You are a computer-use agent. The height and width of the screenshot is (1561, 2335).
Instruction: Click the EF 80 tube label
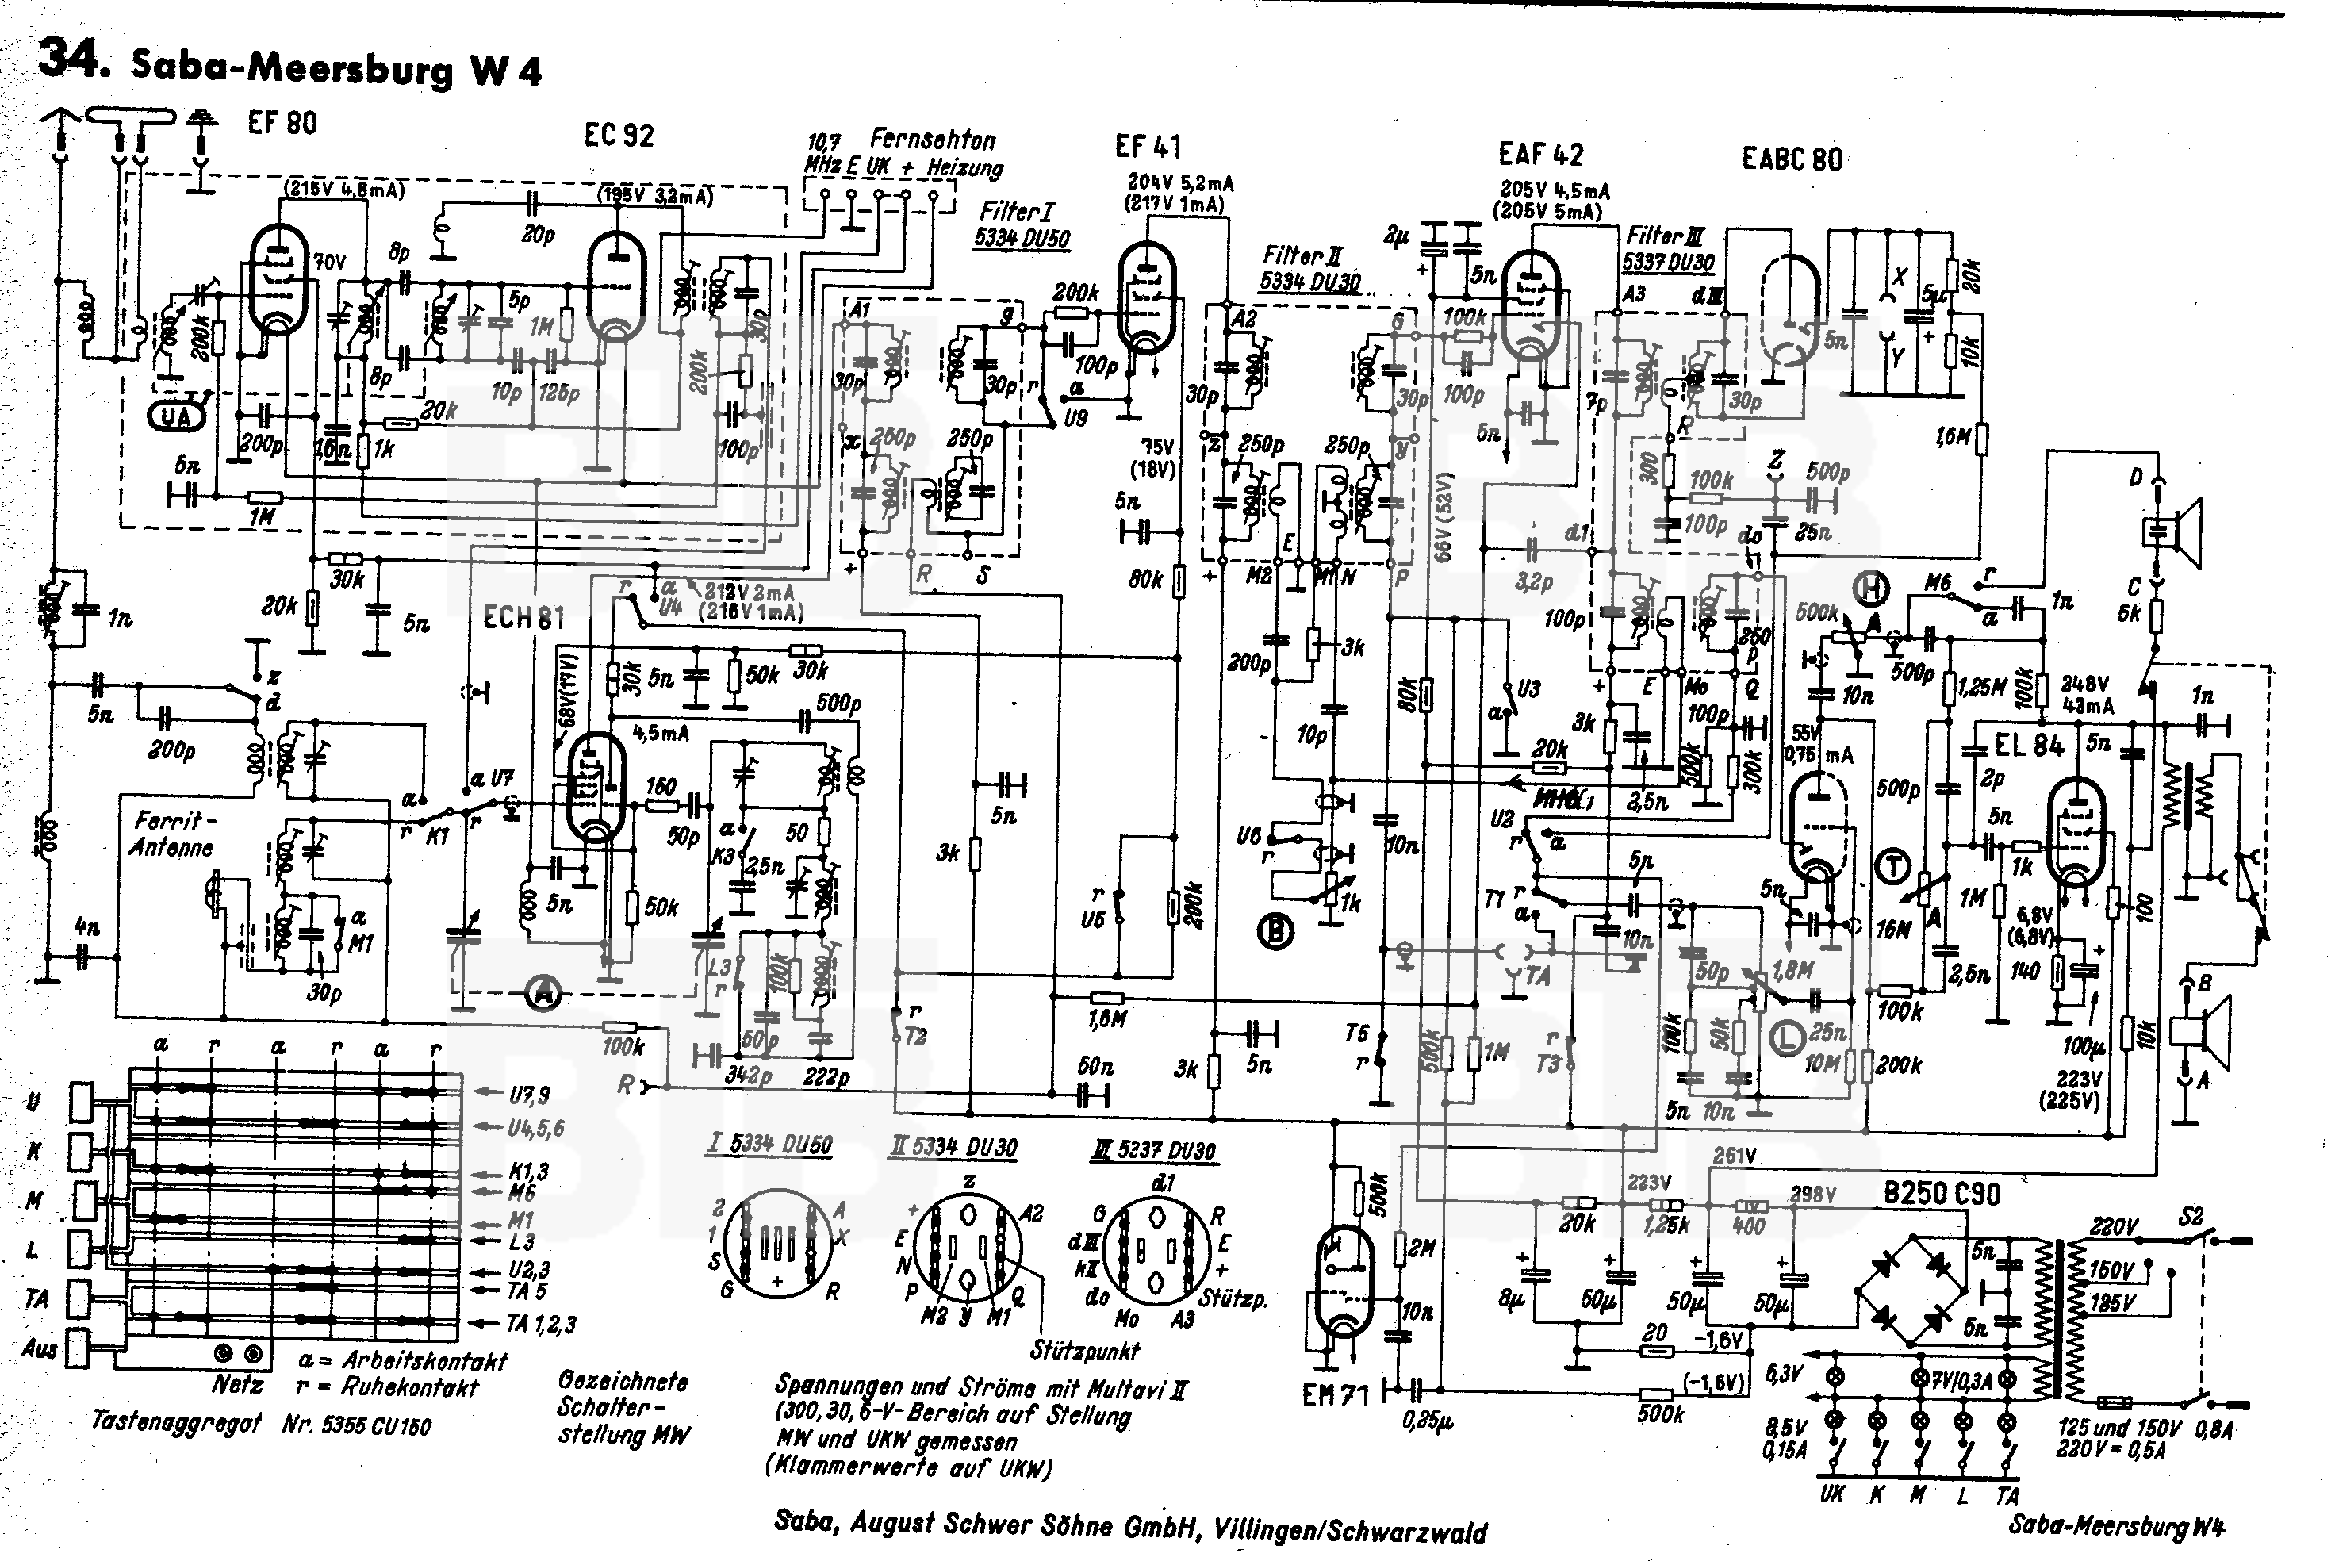pyautogui.click(x=282, y=124)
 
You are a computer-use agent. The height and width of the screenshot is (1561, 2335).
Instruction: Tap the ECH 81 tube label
pyautogui.click(x=523, y=618)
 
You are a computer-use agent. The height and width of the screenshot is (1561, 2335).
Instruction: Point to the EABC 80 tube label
pyautogui.click(x=1792, y=159)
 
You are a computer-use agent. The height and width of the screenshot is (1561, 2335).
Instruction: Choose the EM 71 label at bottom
pyautogui.click(x=1335, y=1396)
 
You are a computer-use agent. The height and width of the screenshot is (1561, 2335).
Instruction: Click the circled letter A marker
pyautogui.click(x=543, y=991)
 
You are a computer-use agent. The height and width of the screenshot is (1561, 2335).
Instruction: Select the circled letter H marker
pyautogui.click(x=1871, y=590)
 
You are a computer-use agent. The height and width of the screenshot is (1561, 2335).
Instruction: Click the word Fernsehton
pyautogui.click(x=932, y=140)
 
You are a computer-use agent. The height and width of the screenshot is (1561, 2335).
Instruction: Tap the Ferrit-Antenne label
pyautogui.click(x=173, y=834)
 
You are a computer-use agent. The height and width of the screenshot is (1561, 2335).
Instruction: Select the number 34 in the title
pyautogui.click(x=71, y=59)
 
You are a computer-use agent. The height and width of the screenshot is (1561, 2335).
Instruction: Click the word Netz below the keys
pyautogui.click(x=237, y=1385)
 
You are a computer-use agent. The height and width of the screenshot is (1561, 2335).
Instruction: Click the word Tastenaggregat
pyautogui.click(x=175, y=1421)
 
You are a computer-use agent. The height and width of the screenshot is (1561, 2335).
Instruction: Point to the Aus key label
pyautogui.click(x=39, y=1349)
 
